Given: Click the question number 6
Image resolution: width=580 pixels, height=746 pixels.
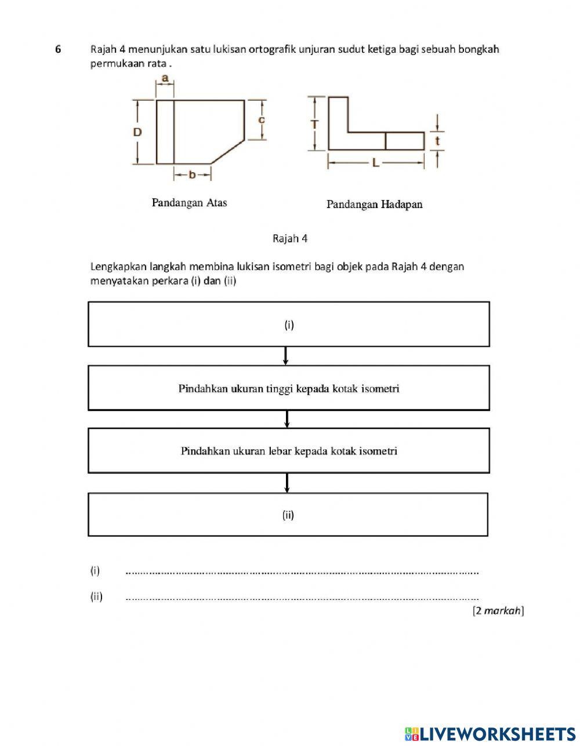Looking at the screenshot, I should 58,49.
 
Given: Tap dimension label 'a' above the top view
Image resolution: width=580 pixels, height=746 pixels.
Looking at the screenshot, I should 165,78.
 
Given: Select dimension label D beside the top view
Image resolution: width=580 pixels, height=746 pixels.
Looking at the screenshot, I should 137,132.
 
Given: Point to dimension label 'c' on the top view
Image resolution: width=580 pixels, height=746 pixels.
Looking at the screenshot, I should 262,119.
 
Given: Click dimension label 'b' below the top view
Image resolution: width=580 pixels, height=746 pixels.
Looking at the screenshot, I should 192,174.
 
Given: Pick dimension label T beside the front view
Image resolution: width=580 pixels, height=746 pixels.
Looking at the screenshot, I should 314,124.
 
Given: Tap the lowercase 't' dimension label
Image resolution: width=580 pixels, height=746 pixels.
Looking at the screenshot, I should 437,140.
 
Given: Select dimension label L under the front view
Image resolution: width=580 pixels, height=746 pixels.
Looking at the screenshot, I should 376,163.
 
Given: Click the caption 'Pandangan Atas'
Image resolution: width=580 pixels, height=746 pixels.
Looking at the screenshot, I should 189,203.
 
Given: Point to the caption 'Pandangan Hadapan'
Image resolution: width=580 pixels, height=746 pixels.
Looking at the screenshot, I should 374,204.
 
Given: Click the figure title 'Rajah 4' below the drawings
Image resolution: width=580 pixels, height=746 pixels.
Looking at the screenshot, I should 290,238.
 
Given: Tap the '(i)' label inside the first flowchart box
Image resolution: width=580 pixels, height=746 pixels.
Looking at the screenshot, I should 289,325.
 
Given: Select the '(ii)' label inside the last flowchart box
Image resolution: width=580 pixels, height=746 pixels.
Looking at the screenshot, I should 288,515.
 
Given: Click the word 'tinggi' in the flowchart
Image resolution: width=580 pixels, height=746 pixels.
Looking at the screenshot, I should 280,388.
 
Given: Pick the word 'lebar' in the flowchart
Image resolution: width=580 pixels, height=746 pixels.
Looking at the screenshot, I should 280,451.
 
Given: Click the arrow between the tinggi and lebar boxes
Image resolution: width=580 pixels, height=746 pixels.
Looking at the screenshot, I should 287,419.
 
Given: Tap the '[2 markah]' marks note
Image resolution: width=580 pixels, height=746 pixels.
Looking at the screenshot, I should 498,610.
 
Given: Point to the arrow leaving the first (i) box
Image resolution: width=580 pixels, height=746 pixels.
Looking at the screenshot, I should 286,355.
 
